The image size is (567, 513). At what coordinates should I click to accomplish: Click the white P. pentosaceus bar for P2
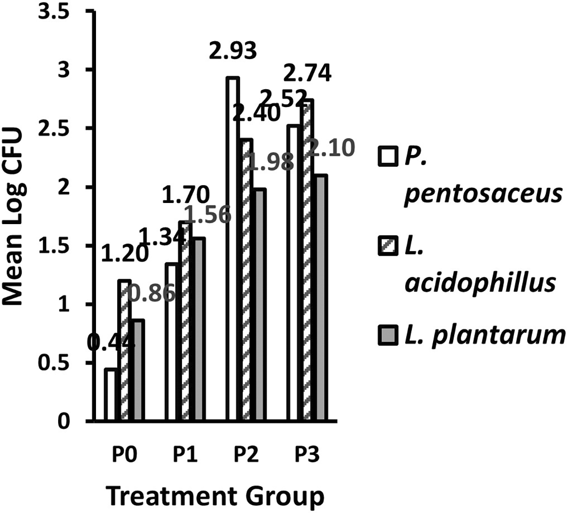pos(233,250)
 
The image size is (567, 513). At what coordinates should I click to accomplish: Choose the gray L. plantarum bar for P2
pos(259,305)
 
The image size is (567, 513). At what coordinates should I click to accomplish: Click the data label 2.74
pos(307,74)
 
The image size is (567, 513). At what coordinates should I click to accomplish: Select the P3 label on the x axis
pos(306,454)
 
